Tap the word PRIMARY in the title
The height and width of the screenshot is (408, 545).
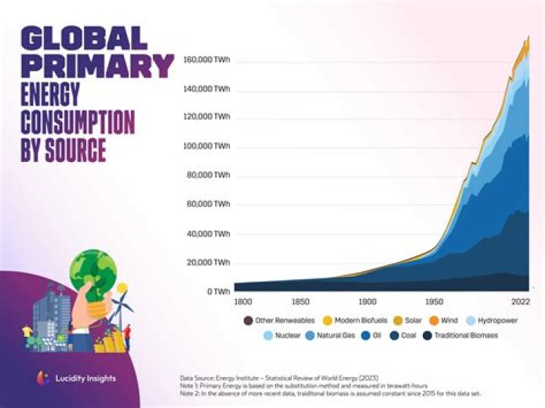(x=97, y=67)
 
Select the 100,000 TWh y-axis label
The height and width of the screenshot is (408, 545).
(x=207, y=146)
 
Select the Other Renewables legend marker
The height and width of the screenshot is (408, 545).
(x=248, y=321)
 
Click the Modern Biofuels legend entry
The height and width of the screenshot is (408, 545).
(x=355, y=321)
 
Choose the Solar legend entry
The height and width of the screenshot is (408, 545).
(x=409, y=321)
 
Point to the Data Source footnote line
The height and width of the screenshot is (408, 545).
(x=279, y=377)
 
